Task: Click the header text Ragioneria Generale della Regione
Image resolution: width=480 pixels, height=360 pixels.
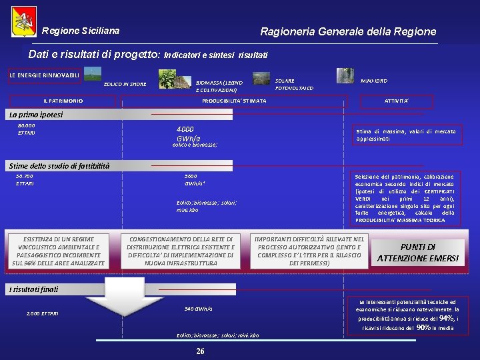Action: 348,31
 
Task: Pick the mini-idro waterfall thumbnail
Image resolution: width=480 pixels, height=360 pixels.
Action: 345,75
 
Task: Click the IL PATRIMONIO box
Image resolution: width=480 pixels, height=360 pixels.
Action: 63,101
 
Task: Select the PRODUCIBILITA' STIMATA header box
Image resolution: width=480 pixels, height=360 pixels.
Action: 234,101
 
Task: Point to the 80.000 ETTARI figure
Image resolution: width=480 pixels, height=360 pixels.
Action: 27,129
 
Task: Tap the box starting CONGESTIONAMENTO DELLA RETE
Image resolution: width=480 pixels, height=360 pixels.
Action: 181,251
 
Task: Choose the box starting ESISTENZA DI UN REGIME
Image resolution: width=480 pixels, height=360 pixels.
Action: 59,251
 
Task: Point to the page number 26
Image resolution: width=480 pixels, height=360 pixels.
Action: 200,351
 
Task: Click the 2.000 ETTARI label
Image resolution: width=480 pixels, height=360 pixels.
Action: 42,313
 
